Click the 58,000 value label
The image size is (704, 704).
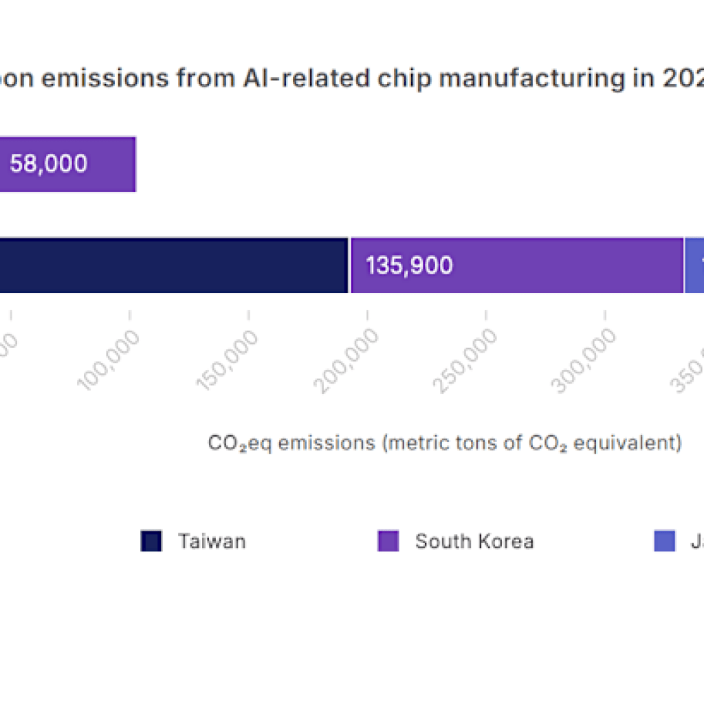click(48, 164)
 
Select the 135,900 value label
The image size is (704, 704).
click(409, 265)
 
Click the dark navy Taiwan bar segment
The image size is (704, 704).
click(172, 265)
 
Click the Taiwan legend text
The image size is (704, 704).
click(212, 541)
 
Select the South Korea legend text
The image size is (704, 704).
click(474, 541)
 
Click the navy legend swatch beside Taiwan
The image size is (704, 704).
click(151, 541)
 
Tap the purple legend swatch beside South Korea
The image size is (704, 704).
click(388, 541)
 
